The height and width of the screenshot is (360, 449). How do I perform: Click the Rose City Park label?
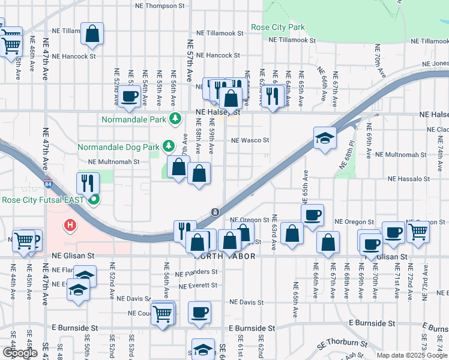[x=278, y=28]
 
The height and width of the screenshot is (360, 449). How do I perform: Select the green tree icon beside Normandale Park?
[x=175, y=119]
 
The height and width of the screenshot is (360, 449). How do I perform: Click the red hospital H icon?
[x=71, y=226]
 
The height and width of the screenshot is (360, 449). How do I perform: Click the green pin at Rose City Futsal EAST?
[x=93, y=200]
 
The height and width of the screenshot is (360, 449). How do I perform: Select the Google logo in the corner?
[x=20, y=353]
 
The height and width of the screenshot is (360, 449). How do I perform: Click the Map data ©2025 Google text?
[x=411, y=355]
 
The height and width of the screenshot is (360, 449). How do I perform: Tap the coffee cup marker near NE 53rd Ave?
[x=129, y=95]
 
